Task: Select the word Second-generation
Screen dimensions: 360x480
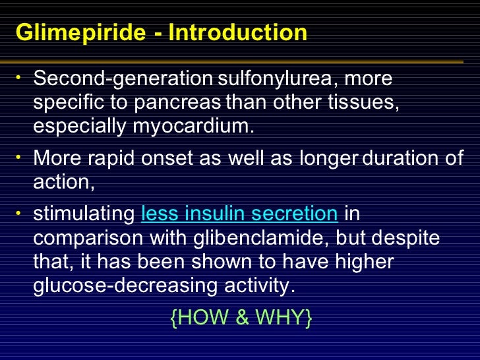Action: [x=120, y=79]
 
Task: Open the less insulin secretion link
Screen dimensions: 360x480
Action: [x=239, y=214]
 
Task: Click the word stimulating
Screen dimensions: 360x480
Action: [x=84, y=214]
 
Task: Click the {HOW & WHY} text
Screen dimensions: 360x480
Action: [x=241, y=318]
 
